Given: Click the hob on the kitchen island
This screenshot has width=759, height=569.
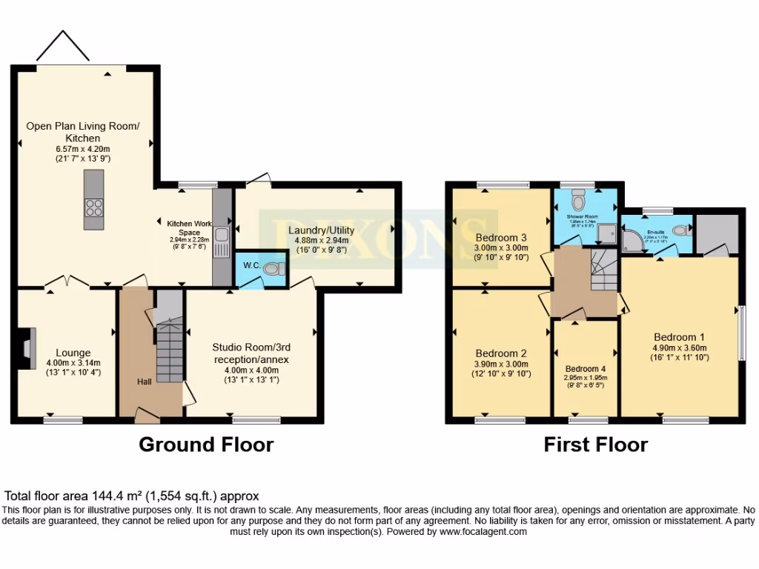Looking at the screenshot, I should pyautogui.click(x=94, y=207).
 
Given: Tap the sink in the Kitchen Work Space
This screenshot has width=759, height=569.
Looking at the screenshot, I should pyautogui.click(x=222, y=236).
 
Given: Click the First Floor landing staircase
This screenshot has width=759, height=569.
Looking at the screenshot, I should pyautogui.click(x=603, y=271).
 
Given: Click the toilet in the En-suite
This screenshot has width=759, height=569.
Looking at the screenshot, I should pyautogui.click(x=684, y=229).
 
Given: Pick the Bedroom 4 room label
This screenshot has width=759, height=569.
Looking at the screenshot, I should pyautogui.click(x=585, y=369).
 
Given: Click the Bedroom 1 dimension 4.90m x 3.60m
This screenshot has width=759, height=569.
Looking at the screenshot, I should pyautogui.click(x=679, y=347).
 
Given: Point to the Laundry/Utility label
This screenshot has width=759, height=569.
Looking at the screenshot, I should pyautogui.click(x=321, y=230).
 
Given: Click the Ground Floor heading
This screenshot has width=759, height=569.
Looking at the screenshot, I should pyautogui.click(x=206, y=445).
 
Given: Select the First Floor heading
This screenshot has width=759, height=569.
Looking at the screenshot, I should pyautogui.click(x=595, y=445).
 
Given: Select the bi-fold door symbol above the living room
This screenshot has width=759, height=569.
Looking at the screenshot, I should pyautogui.click(x=63, y=47).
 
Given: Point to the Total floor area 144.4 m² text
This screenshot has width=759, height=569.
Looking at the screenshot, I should pyautogui.click(x=132, y=496).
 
